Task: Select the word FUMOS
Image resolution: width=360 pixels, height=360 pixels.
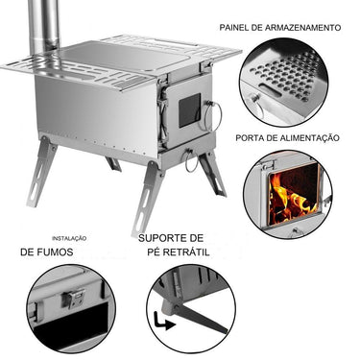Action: [x=68, y=252]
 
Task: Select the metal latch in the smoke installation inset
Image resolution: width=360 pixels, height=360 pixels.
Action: [x=73, y=300]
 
